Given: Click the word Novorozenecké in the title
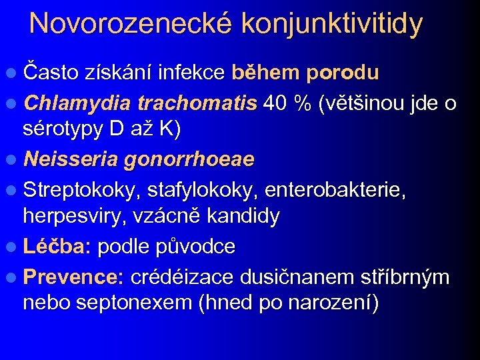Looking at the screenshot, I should [131, 23].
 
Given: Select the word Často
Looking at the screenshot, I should [51, 72].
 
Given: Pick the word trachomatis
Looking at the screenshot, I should [197, 103].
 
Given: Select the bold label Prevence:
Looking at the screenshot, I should [73, 277].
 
